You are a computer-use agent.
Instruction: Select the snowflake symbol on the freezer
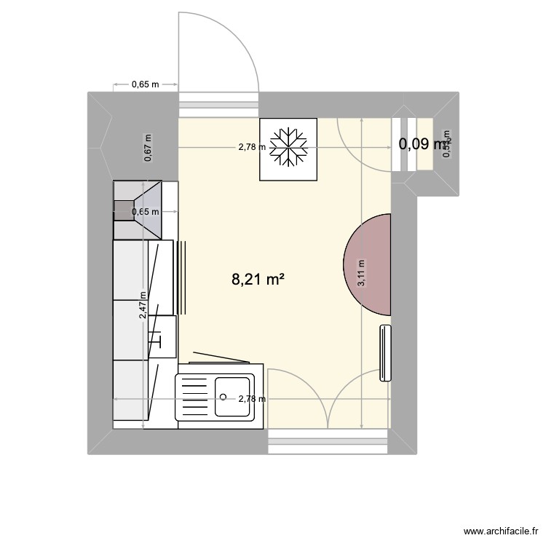point(289,148)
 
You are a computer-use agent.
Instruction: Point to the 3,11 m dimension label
point(362,274)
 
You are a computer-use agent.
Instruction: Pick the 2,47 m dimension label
point(143,305)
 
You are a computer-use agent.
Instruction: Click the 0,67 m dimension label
point(149,148)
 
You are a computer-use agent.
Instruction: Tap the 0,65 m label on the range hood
point(144,212)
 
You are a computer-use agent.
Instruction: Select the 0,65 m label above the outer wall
point(145,84)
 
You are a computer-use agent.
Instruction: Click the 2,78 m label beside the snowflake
point(252,147)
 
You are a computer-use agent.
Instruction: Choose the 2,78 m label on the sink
point(252,399)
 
